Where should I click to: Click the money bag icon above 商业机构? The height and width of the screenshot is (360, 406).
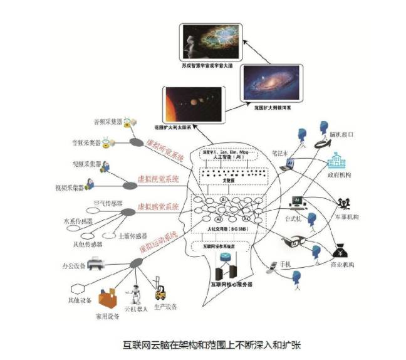344,249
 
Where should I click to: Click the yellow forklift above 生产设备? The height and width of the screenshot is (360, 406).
161,290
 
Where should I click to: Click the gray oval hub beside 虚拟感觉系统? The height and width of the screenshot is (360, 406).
128,211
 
